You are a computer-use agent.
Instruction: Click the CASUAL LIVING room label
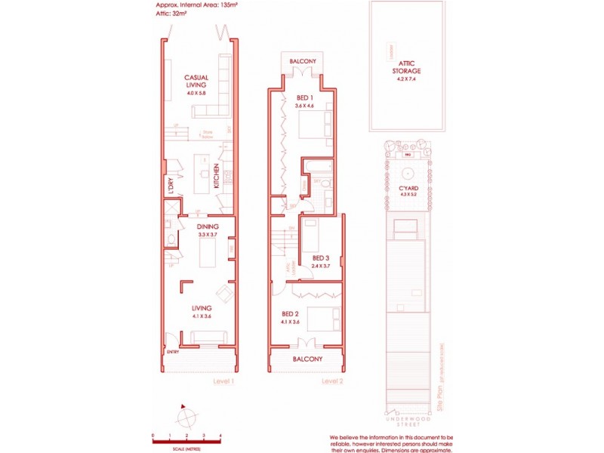(x=196, y=82)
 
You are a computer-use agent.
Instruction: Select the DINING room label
(x=208, y=226)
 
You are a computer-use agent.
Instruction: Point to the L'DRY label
(x=171, y=186)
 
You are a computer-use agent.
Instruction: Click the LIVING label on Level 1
(x=201, y=308)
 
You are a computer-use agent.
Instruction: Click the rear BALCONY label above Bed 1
(x=303, y=60)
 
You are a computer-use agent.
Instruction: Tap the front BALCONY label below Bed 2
(x=307, y=359)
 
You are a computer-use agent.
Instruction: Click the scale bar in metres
(x=186, y=441)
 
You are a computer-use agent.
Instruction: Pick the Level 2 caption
(x=332, y=381)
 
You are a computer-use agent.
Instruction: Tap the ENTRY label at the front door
(x=173, y=350)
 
